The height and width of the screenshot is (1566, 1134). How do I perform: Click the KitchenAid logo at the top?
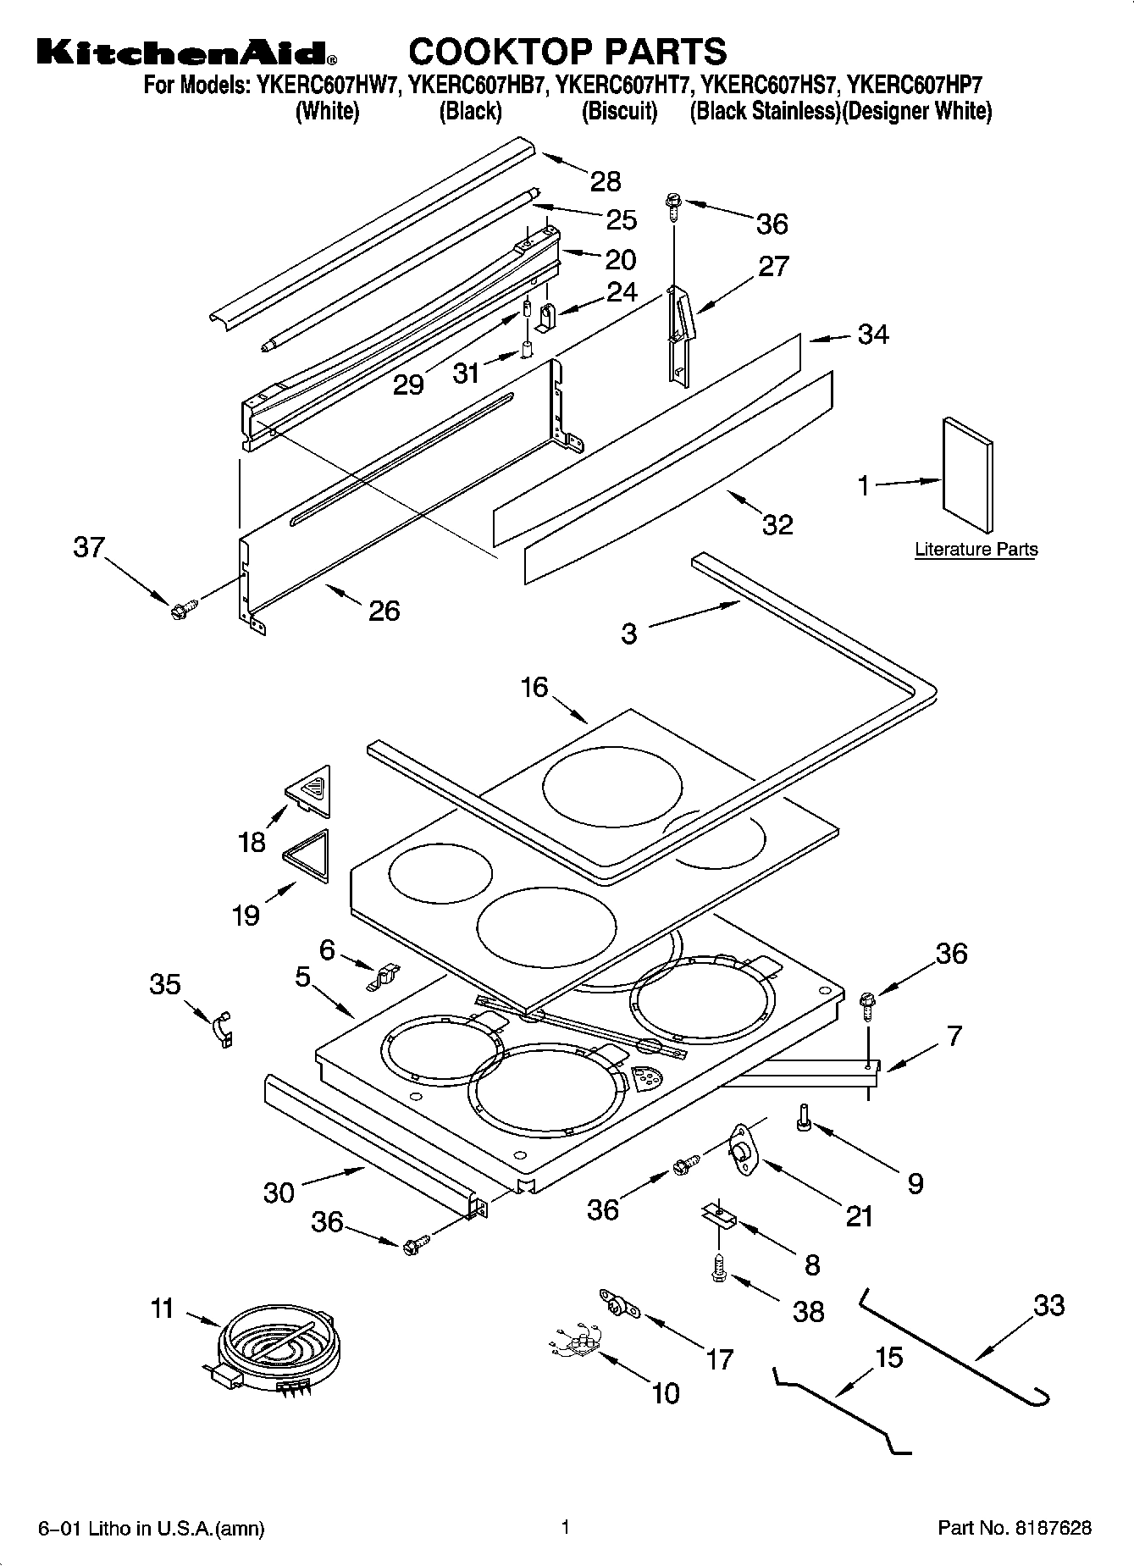186,53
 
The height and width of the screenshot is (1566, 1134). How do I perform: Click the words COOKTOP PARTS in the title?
567,51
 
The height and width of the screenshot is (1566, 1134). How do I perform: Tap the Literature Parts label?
976,549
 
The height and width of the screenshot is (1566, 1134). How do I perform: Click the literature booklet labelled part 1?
967,475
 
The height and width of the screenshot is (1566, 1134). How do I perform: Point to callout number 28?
606,180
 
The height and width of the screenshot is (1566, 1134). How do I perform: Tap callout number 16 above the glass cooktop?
534,686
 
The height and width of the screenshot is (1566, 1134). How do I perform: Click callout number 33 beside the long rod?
1048,1305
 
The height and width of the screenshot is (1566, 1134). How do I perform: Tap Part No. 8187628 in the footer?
1014,1529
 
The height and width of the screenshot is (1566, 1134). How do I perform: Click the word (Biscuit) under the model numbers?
619,111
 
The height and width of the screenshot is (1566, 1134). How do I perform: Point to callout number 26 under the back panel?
384,610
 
